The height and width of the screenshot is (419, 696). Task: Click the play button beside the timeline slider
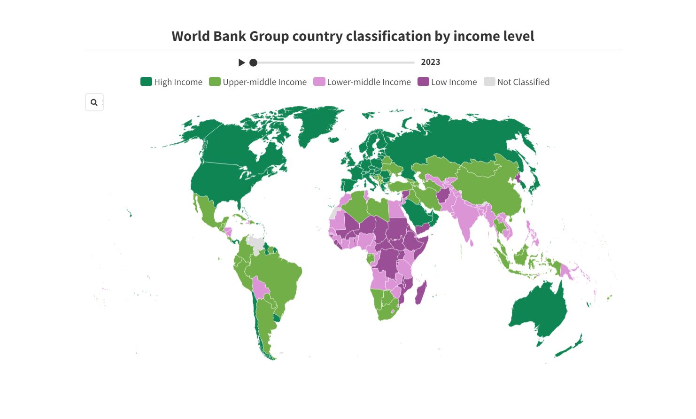click(242, 62)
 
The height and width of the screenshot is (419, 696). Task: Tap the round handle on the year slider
click(253, 62)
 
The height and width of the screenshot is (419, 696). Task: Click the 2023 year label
click(430, 62)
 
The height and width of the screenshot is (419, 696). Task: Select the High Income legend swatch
click(146, 82)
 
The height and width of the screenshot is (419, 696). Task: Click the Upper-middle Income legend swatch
click(215, 82)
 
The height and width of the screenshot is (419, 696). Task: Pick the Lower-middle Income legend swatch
click(319, 82)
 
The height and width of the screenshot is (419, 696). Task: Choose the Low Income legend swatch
click(423, 82)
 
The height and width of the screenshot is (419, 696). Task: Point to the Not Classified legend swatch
click(489, 82)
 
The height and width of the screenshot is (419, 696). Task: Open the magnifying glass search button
click(94, 102)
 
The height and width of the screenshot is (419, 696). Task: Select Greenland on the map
click(317, 124)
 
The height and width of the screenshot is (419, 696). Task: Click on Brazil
click(275, 277)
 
